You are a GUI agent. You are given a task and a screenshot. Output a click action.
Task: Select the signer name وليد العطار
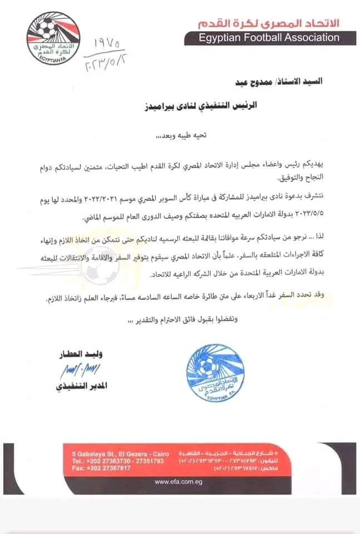pyautogui.click(x=78, y=354)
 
